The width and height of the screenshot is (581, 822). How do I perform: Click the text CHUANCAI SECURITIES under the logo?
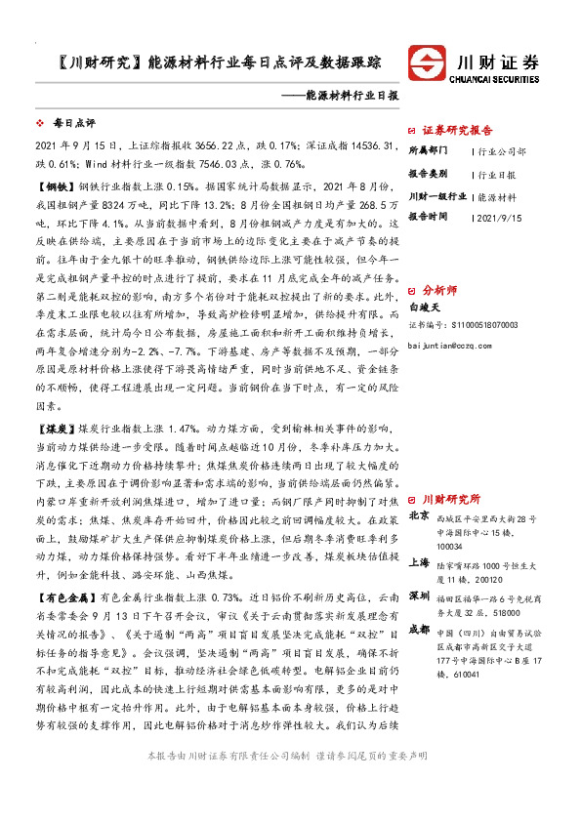(498, 82)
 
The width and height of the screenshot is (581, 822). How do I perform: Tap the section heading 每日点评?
(73, 125)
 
